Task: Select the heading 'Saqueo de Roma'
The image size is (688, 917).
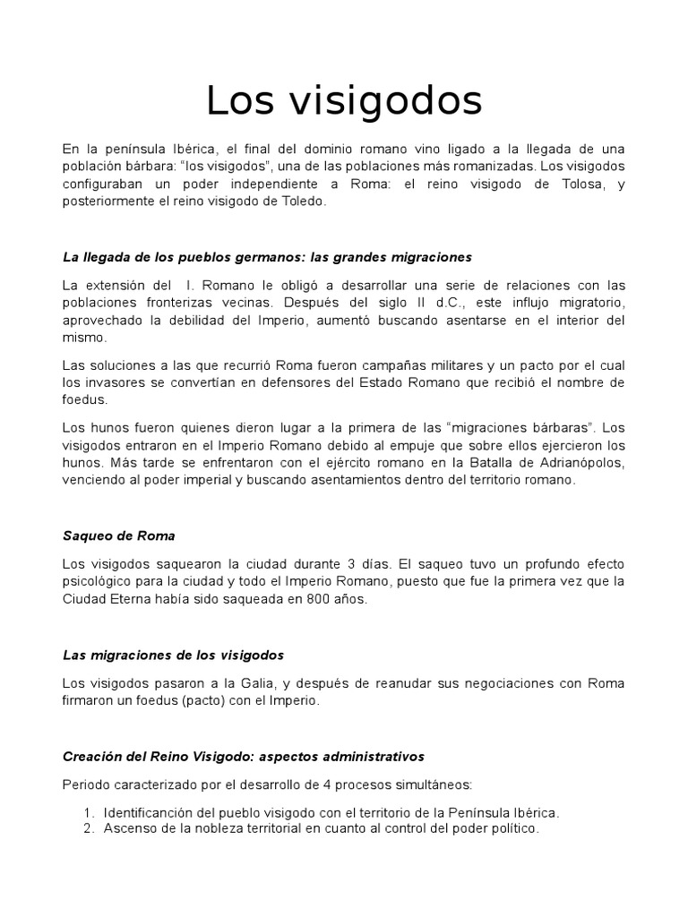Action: click(119, 536)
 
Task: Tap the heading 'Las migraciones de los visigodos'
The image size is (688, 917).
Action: click(173, 655)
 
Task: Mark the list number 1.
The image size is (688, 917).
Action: click(88, 812)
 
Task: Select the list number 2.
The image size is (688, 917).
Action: click(88, 829)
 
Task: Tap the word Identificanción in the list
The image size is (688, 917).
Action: click(151, 812)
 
